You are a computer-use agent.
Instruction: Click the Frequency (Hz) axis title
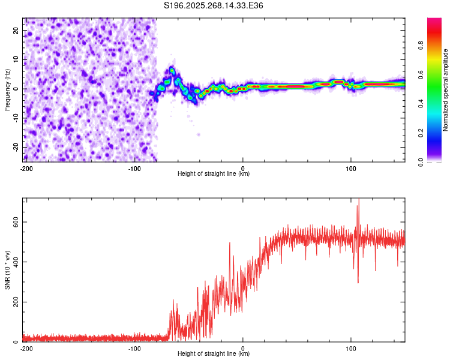7,89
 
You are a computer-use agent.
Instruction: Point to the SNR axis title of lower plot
7,269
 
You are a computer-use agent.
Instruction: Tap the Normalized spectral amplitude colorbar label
445,90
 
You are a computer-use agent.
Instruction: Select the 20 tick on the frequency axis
16,30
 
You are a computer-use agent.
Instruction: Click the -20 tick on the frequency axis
15,148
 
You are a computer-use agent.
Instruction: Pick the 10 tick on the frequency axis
16,59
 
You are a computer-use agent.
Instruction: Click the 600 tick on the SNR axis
14,221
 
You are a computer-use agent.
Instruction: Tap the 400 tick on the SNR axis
14,262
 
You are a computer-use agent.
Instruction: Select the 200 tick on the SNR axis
14,302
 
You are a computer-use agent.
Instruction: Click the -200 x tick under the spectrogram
26,168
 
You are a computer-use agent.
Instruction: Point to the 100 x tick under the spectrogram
351,168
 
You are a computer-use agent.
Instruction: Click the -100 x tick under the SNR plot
134,348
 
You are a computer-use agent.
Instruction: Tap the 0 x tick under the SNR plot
243,348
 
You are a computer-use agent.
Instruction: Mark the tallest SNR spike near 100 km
359,200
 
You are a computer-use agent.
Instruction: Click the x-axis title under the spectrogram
214,174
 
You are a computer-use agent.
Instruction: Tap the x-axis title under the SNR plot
214,354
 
